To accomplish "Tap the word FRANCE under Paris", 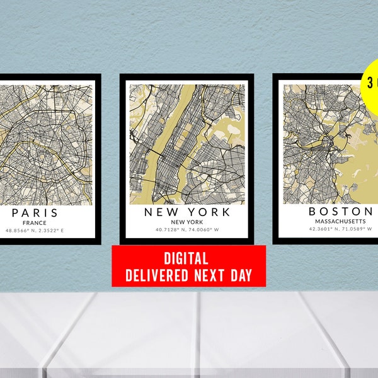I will coord(35,222).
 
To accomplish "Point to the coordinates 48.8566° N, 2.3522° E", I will coord(35,231).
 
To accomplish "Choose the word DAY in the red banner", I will coord(239,275).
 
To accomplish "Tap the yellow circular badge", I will coord(370,85).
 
